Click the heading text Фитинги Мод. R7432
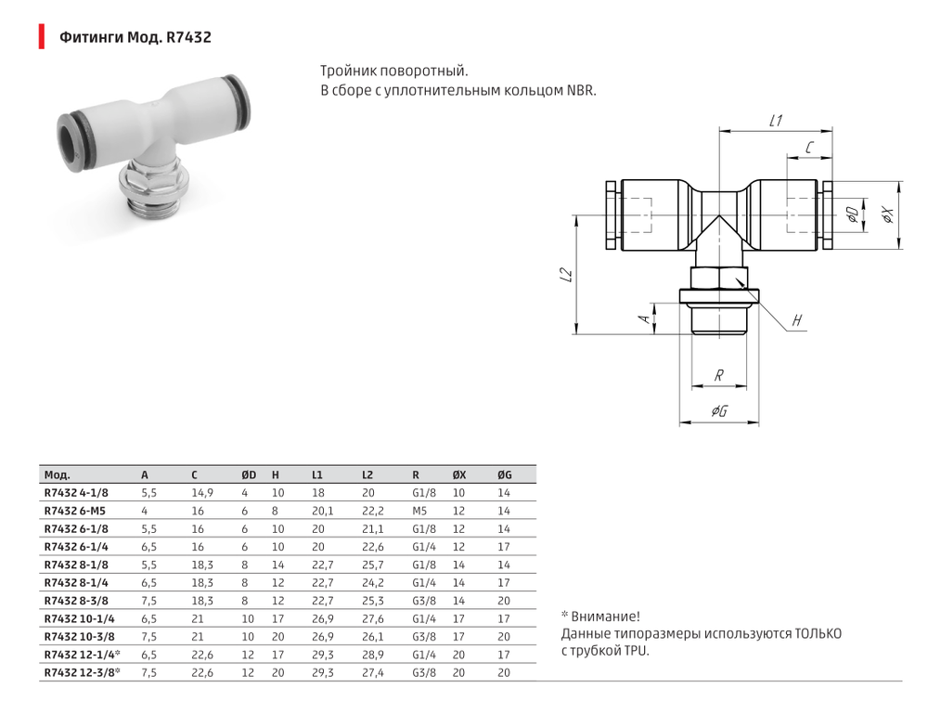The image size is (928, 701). click(x=135, y=38)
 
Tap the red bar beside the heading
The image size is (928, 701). click(x=41, y=37)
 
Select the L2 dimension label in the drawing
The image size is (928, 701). click(x=566, y=276)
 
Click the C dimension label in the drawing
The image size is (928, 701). click(x=809, y=148)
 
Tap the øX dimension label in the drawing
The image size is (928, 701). click(x=887, y=214)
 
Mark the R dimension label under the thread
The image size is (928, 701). click(x=718, y=376)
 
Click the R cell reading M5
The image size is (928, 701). click(x=419, y=512)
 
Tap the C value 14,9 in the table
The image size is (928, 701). click(x=202, y=493)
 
